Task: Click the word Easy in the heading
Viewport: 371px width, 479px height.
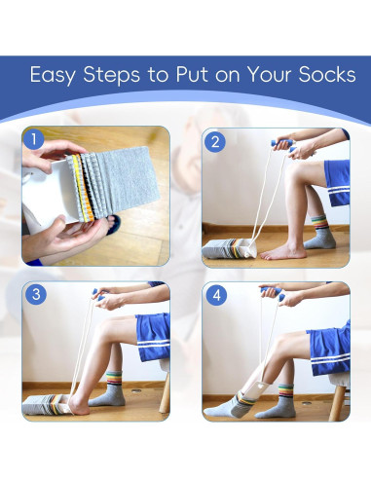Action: pyautogui.click(x=53, y=75)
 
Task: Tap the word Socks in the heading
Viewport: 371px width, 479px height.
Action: pyautogui.click(x=327, y=74)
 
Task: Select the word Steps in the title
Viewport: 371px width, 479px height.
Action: pyautogui.click(x=111, y=75)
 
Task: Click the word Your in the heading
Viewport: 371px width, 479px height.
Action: pyautogui.click(x=270, y=74)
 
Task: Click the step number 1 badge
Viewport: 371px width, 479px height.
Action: pyautogui.click(x=33, y=139)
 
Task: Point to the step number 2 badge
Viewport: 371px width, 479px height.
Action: pyautogui.click(x=215, y=142)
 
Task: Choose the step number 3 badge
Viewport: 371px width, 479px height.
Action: pyautogui.click(x=36, y=294)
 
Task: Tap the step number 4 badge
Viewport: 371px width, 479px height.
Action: pyautogui.click(x=216, y=295)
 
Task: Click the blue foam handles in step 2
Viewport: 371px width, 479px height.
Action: pyautogui.click(x=283, y=145)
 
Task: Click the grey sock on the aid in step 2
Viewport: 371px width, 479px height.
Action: pyautogui.click(x=221, y=249)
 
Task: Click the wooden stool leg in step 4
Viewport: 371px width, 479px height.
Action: pyautogui.click(x=337, y=402)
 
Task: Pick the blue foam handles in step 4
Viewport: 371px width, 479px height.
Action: pyautogui.click(x=274, y=292)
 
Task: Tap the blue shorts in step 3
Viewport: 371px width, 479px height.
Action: pyautogui.click(x=154, y=337)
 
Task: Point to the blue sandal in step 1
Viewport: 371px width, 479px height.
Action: pyautogui.click(x=114, y=223)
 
